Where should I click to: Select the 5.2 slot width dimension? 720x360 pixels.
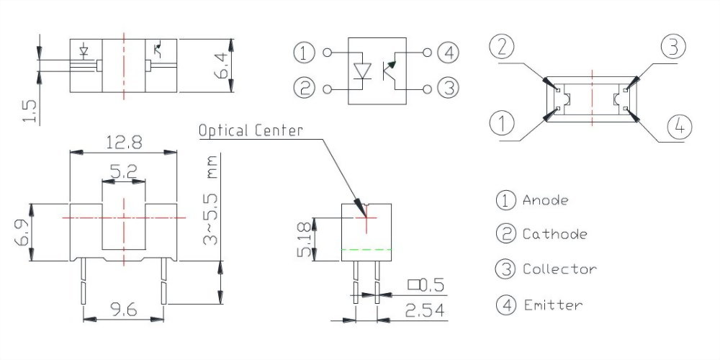[x=124, y=171]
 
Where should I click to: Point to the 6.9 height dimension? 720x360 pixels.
[x=22, y=232]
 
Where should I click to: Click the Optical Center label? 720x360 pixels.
[x=251, y=130]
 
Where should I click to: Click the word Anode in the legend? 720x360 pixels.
[x=545, y=200]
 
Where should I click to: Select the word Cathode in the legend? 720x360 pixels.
[x=554, y=234]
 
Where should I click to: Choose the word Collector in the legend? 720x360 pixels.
[x=559, y=269]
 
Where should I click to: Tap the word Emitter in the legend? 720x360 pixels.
[x=552, y=305]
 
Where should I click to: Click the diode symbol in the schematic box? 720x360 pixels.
[x=364, y=71]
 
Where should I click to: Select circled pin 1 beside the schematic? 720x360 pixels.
[x=305, y=53]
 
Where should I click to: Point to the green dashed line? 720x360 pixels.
[x=366, y=248]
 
